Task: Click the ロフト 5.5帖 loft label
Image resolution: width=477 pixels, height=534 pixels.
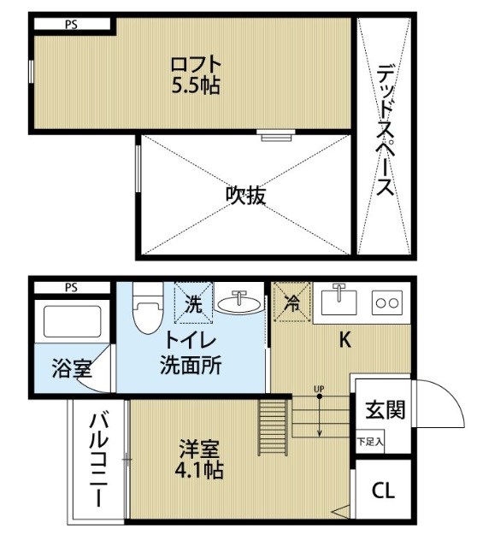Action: coord(196,74)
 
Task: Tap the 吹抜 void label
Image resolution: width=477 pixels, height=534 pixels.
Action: coord(245,196)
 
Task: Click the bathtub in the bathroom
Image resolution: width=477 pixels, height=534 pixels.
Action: coord(72,323)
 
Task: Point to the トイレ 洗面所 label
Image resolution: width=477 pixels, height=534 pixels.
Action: coord(191,353)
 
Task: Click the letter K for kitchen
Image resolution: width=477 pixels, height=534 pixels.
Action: coord(344,339)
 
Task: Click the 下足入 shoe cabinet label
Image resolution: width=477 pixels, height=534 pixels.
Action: coord(370,443)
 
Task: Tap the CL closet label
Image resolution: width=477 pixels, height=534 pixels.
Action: coord(383,491)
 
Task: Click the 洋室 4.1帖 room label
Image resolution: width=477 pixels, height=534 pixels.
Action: coord(202,458)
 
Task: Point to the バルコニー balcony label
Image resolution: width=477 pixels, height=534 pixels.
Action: coord(97,461)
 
